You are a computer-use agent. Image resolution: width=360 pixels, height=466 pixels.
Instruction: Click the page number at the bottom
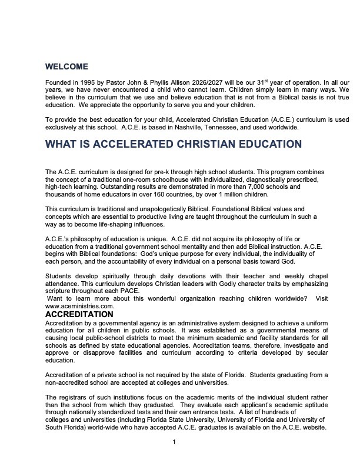tap(174, 442)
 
